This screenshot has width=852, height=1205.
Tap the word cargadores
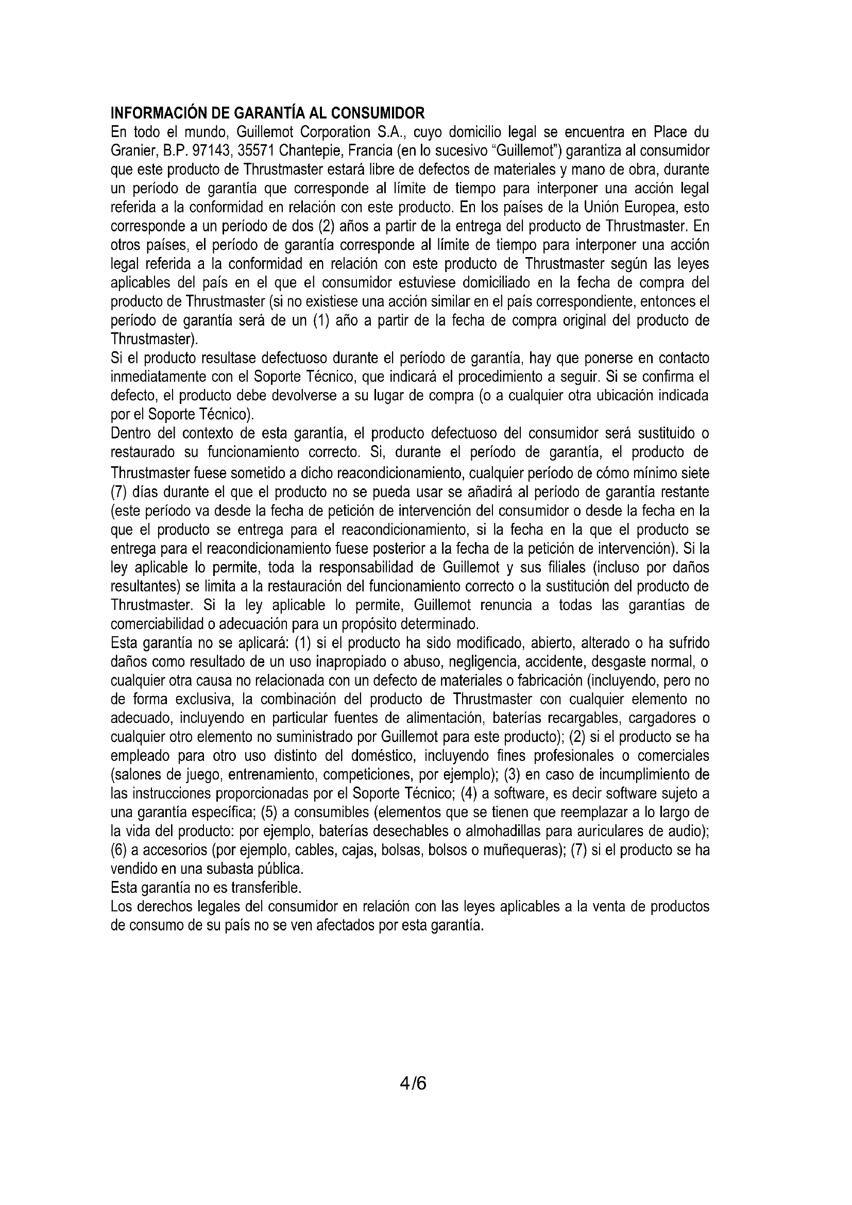(x=660, y=719)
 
